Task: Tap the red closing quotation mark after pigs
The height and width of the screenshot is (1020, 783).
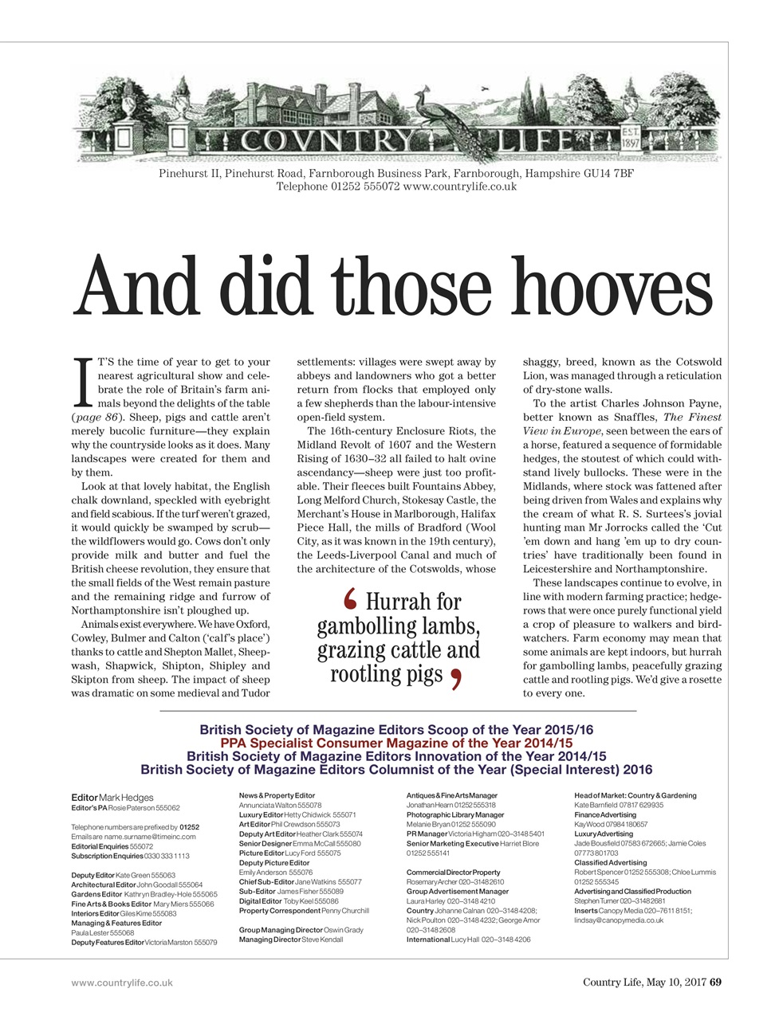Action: click(456, 678)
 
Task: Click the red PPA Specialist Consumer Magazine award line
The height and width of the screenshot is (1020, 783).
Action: click(396, 743)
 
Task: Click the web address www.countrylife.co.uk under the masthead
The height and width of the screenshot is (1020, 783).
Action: click(460, 186)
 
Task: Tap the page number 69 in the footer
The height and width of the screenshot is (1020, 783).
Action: click(715, 982)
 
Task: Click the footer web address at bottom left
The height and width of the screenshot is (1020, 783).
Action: click(122, 983)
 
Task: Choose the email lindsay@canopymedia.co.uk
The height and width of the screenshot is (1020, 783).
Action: click(619, 920)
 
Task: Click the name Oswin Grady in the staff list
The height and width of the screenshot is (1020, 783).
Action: click(344, 930)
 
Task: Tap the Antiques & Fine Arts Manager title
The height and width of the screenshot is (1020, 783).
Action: click(451, 795)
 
